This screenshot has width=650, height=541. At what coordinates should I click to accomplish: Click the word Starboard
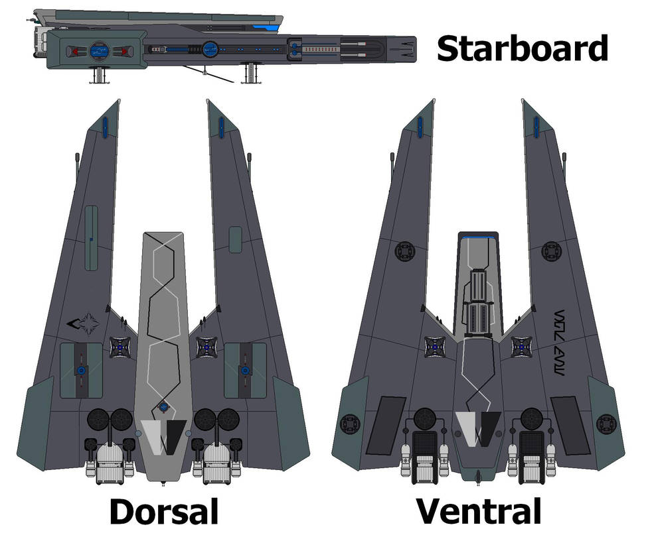click(522, 49)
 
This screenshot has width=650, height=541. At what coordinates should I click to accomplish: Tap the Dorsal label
click(163, 512)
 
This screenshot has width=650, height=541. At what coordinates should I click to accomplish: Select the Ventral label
click(478, 512)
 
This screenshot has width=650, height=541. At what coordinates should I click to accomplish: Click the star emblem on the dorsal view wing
click(83, 324)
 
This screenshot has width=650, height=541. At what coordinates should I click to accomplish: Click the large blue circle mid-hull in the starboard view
click(210, 48)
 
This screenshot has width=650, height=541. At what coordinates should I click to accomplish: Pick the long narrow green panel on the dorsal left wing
click(91, 238)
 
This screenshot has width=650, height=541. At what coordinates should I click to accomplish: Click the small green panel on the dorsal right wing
click(235, 239)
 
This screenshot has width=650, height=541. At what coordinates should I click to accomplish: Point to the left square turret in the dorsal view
click(121, 347)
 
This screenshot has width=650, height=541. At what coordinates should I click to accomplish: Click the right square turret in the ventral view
click(522, 345)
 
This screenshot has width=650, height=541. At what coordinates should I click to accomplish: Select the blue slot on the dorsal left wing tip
click(106, 125)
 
